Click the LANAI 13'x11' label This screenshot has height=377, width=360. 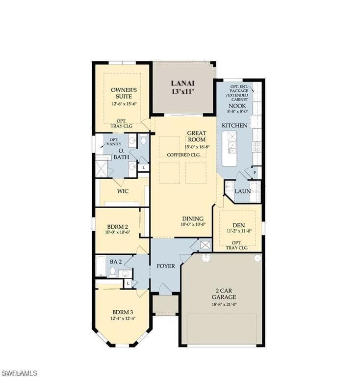pos(183,87)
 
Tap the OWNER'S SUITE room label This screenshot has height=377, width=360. pos(124,93)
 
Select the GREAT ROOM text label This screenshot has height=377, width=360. pos(196,136)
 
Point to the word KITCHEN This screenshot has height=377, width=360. pos(234,126)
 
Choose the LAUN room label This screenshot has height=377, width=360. pos(242,191)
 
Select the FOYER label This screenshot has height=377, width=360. pos(166,266)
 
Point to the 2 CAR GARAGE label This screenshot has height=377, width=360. pos(224,294)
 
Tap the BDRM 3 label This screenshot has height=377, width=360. pos(122,312)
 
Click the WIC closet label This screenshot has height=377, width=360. pos(123,191)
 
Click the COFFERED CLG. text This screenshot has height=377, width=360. pos(184,155)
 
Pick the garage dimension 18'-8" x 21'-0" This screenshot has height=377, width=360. pos(224,304)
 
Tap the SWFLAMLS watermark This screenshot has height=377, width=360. pos(20,373)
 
